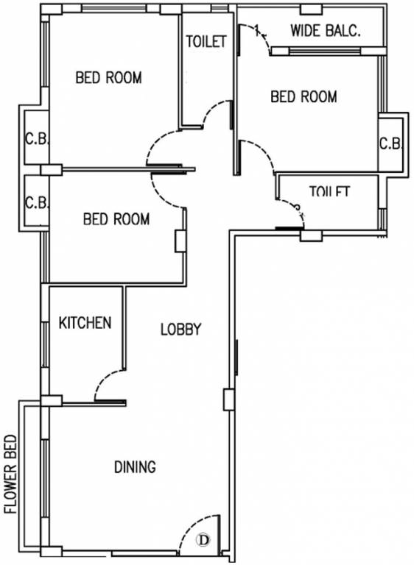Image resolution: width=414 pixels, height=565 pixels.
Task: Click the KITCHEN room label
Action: [x=85, y=322]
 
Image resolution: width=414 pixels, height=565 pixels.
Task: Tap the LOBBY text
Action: [x=180, y=330]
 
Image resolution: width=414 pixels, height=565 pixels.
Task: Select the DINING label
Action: [x=135, y=467]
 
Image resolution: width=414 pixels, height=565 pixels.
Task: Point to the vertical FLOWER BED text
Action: [x=10, y=470]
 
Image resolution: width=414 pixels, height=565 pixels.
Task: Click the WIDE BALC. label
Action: [x=324, y=31]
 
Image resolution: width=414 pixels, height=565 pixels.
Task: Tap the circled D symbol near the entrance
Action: [x=203, y=540]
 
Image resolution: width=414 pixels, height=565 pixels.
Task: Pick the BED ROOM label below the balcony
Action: [x=304, y=96]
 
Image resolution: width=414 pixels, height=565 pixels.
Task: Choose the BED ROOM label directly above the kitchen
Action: [x=116, y=218]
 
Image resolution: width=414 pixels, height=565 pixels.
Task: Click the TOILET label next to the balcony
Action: [x=206, y=42]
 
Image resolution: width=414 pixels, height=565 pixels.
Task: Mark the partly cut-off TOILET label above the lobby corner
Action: [x=329, y=192]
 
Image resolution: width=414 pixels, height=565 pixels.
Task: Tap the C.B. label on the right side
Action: [x=390, y=143]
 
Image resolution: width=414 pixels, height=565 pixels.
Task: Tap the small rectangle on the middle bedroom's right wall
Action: [x=179, y=241]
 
